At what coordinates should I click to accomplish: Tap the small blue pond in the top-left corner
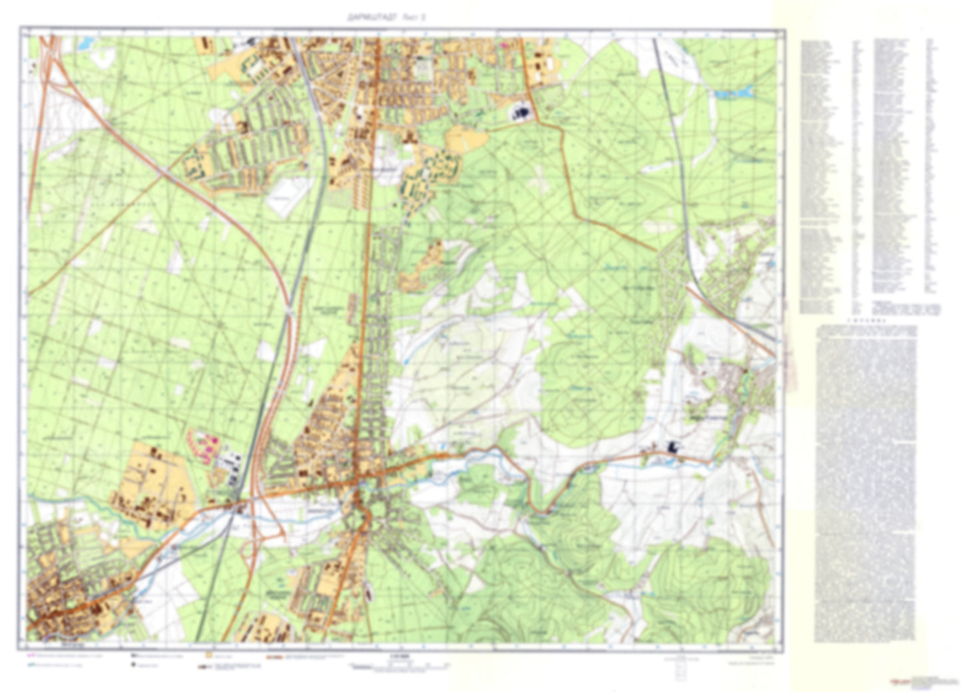coord(86,45)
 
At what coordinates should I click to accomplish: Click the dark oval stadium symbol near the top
coord(521,113)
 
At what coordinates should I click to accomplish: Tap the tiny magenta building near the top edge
coord(504,45)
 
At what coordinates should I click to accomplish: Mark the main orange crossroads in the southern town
coord(358,480)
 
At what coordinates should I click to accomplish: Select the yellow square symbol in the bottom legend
coord(208,656)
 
